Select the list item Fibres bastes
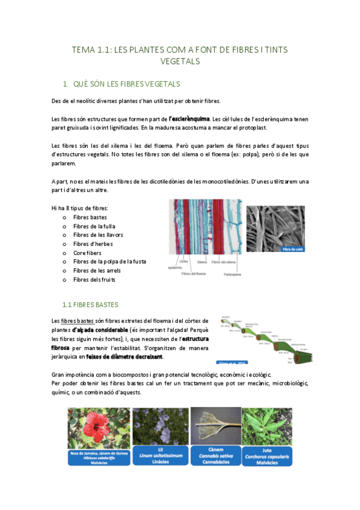coord(90,217)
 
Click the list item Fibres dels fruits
coord(94,280)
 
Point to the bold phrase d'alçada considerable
coord(100,330)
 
